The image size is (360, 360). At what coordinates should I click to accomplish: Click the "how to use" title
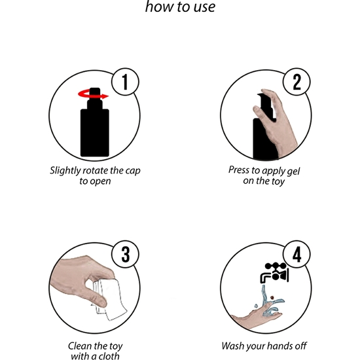pos(180,7)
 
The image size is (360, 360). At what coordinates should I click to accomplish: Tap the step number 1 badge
pos(125,82)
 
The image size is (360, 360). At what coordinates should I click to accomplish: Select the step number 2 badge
pos(297,82)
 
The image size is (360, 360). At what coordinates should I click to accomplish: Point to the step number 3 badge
pos(125,255)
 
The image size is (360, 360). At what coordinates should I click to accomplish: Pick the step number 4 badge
pos(297,255)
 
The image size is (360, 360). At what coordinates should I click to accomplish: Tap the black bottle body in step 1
pos(95,132)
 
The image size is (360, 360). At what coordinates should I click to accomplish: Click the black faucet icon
pos(274,273)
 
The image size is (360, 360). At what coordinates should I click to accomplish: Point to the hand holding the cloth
pos(81,280)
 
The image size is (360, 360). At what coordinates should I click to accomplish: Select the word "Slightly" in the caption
pos(65,171)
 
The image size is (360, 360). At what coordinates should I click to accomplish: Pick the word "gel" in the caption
pos(294,171)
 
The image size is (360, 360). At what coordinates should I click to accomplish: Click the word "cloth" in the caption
pos(108,355)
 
